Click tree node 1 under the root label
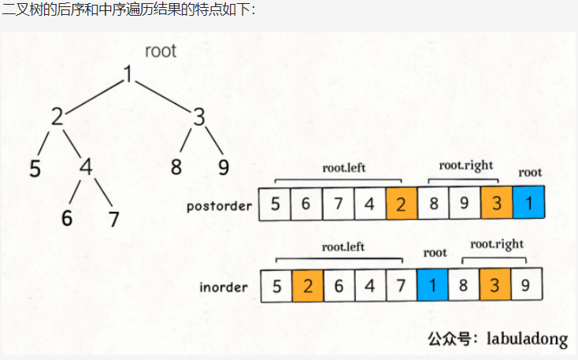(128, 75)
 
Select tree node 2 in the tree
(57, 117)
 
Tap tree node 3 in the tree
(199, 117)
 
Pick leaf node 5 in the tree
(35, 169)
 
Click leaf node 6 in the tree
(67, 218)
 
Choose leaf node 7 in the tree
(114, 218)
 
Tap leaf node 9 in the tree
(223, 168)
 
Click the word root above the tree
(161, 52)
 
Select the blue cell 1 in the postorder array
(528, 204)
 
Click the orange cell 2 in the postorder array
(402, 204)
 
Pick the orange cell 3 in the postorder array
(496, 204)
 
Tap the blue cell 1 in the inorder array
(432, 284)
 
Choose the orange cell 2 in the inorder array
(307, 285)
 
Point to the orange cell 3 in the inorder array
(495, 284)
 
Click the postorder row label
(220, 206)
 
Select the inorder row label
(224, 288)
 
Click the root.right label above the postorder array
(465, 165)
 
